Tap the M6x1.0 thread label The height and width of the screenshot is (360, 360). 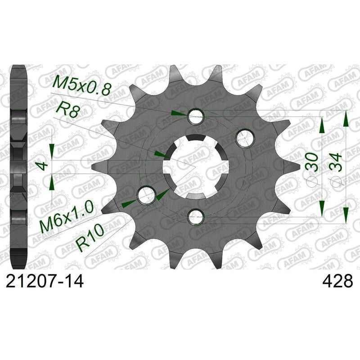pyautogui.click(x=66, y=217)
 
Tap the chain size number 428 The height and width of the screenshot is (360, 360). pyautogui.click(x=337, y=282)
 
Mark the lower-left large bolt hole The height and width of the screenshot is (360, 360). pyautogui.click(x=146, y=196)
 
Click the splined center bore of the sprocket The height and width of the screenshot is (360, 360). pyautogui.click(x=196, y=166)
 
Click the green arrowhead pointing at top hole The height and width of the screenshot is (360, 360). pyautogui.click(x=180, y=114)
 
